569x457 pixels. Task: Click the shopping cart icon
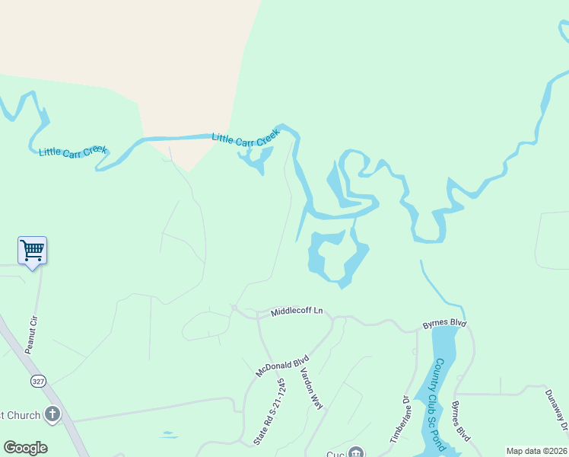click(32, 250)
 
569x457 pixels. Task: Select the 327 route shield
click(37, 380)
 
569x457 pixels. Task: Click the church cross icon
click(52, 414)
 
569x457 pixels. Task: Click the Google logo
click(25, 448)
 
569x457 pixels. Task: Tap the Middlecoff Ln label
click(297, 311)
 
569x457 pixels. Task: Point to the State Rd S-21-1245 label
click(269, 412)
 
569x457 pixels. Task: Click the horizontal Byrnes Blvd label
click(444, 324)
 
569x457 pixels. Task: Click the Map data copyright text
click(536, 451)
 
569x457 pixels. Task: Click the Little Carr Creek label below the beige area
click(246, 139)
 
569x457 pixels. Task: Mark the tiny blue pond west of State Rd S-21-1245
click(168, 436)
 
